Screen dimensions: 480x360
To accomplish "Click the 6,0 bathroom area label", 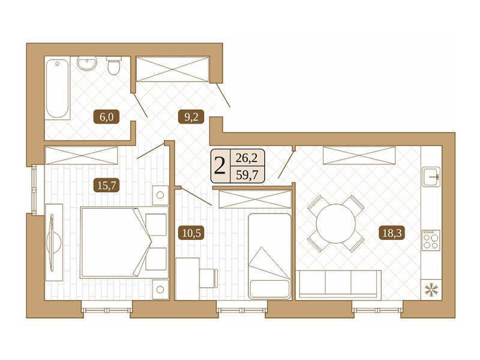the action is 106,117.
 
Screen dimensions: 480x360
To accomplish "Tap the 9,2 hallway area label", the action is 191,117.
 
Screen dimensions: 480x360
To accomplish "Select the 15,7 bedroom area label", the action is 106,185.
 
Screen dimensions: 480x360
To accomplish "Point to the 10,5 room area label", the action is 191,233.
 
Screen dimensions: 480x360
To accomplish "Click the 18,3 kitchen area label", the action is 392,233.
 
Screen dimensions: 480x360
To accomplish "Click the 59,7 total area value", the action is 247,175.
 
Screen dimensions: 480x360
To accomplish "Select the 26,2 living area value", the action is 247,158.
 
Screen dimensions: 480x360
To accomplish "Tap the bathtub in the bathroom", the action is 58,89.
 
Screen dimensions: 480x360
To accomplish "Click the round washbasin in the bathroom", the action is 86,64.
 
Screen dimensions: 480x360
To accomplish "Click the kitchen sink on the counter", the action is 431,176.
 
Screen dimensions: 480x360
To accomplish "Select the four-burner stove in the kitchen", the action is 431,241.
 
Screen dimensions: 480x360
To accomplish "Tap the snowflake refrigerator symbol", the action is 431,289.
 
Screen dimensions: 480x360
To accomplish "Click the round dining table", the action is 336,223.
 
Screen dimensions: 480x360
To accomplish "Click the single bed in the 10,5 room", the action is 269,256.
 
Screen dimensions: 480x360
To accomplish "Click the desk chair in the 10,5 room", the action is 208,278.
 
